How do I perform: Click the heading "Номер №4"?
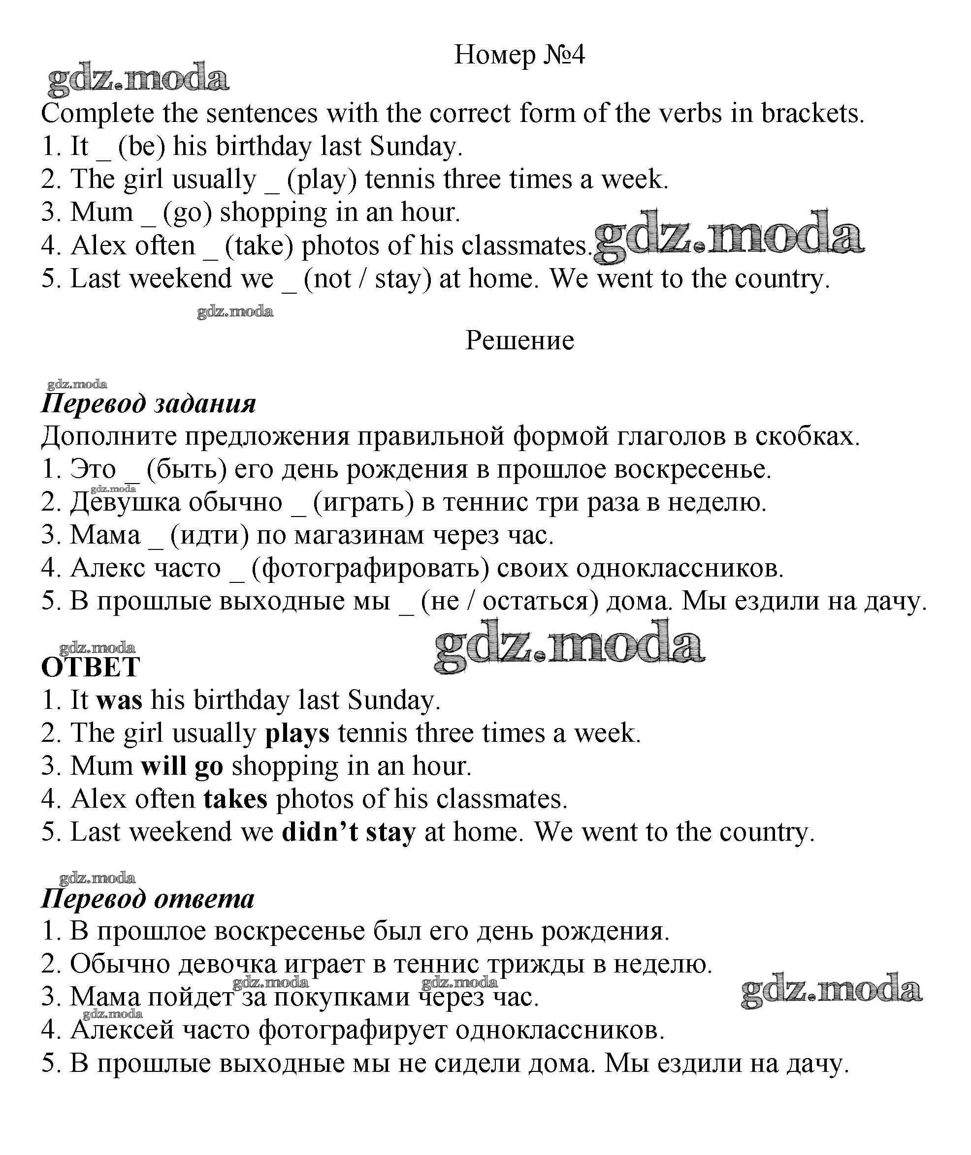tap(519, 55)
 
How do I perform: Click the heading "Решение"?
tap(519, 340)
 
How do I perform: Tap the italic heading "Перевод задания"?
tap(149, 404)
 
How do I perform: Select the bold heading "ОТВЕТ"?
tap(91, 668)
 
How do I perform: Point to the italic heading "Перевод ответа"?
tap(148, 899)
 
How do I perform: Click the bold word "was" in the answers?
tap(119, 700)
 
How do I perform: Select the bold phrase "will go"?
tap(182, 767)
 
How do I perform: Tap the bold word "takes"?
tap(235, 800)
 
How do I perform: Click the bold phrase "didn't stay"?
tap(349, 833)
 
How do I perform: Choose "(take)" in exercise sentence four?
tap(259, 246)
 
